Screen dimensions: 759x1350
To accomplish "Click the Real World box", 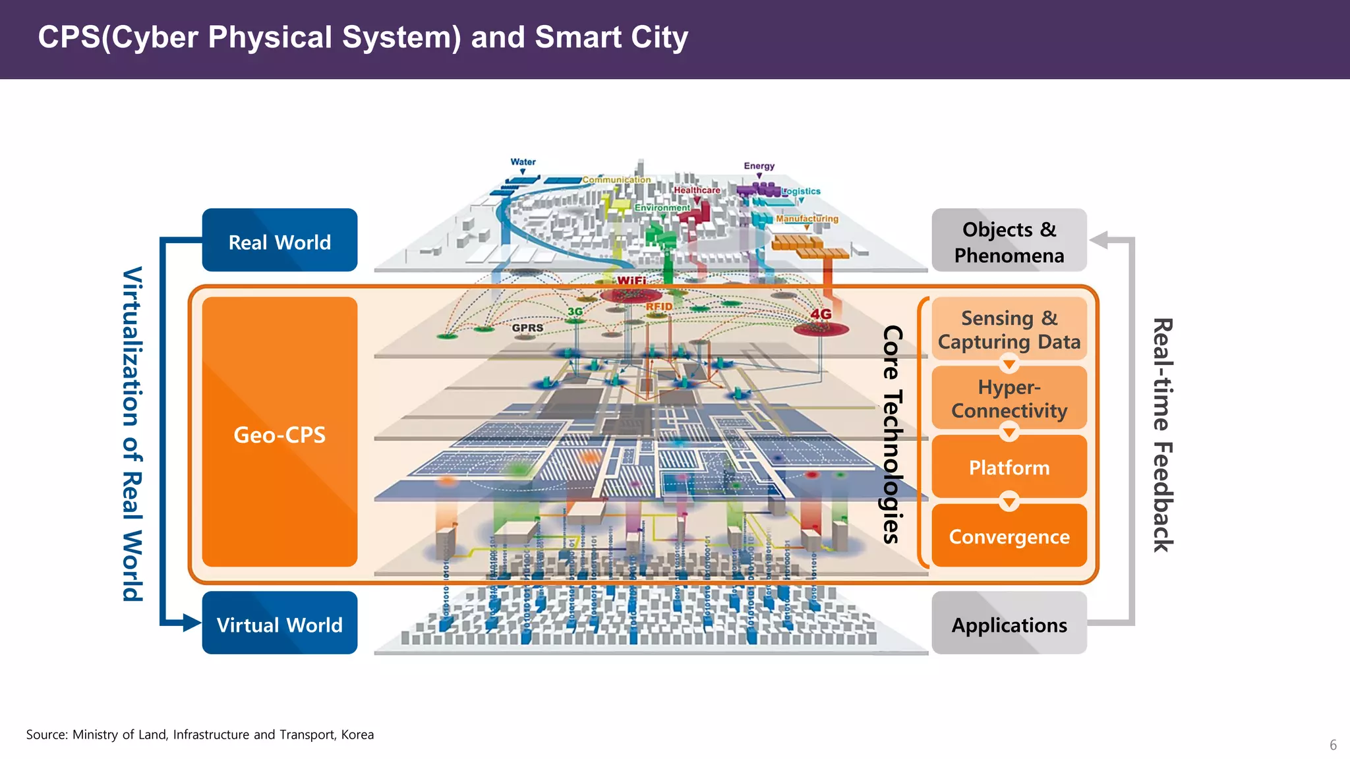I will pos(279,240).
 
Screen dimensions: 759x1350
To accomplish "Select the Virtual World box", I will pos(279,623).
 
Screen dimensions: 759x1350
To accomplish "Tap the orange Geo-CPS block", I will pos(279,433).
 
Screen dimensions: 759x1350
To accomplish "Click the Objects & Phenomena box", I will pos(1009,241).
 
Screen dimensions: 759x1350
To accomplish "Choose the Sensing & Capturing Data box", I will pos(1009,329).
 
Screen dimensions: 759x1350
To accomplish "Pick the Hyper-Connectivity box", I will pos(1009,398).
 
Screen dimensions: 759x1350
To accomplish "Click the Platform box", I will pos(1009,467).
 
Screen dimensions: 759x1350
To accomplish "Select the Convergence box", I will pos(1009,536).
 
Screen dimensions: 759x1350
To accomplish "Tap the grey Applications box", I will pos(1009,623).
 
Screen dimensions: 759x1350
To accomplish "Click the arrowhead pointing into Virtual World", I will pos(192,623).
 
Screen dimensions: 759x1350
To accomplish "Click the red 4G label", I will pos(821,314).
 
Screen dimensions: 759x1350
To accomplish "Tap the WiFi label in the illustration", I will pos(631,281).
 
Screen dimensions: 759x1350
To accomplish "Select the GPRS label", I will pos(527,328).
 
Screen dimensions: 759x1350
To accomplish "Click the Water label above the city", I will pos(523,162).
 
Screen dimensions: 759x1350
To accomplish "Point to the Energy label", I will pos(759,166).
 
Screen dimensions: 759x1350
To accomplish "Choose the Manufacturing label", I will pos(807,219).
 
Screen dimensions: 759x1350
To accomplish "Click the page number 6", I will pos(1333,745).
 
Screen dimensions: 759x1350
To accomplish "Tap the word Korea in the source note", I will pos(357,735).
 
